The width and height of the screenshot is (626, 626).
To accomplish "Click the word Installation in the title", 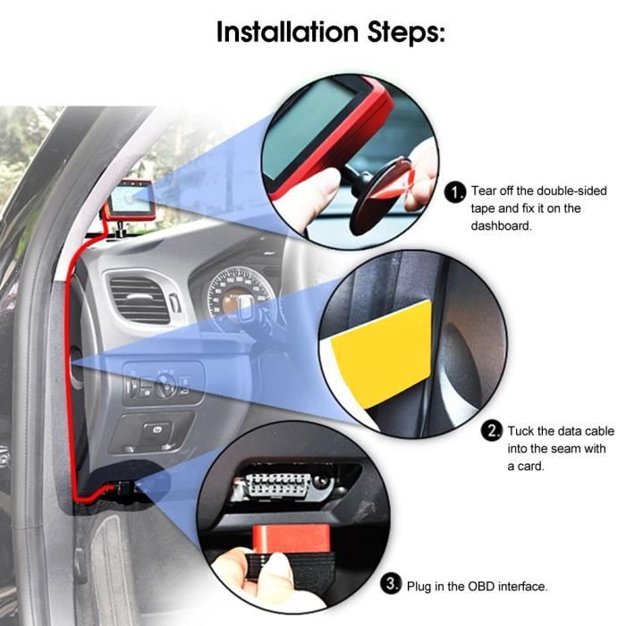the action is click(287, 31).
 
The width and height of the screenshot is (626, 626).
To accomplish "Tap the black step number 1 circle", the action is click(455, 192).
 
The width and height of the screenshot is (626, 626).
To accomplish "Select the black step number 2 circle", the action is click(492, 431).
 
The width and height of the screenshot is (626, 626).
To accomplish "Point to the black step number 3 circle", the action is click(391, 584).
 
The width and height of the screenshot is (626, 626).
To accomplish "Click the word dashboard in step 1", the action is click(501, 225).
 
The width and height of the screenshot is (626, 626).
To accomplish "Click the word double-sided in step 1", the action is click(571, 190).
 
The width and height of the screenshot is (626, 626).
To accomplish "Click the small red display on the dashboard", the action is click(131, 199).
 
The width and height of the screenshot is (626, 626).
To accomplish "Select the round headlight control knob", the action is click(165, 385).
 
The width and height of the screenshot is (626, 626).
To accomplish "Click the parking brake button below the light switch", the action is click(156, 431).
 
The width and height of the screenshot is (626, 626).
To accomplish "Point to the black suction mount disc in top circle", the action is click(376, 197).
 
